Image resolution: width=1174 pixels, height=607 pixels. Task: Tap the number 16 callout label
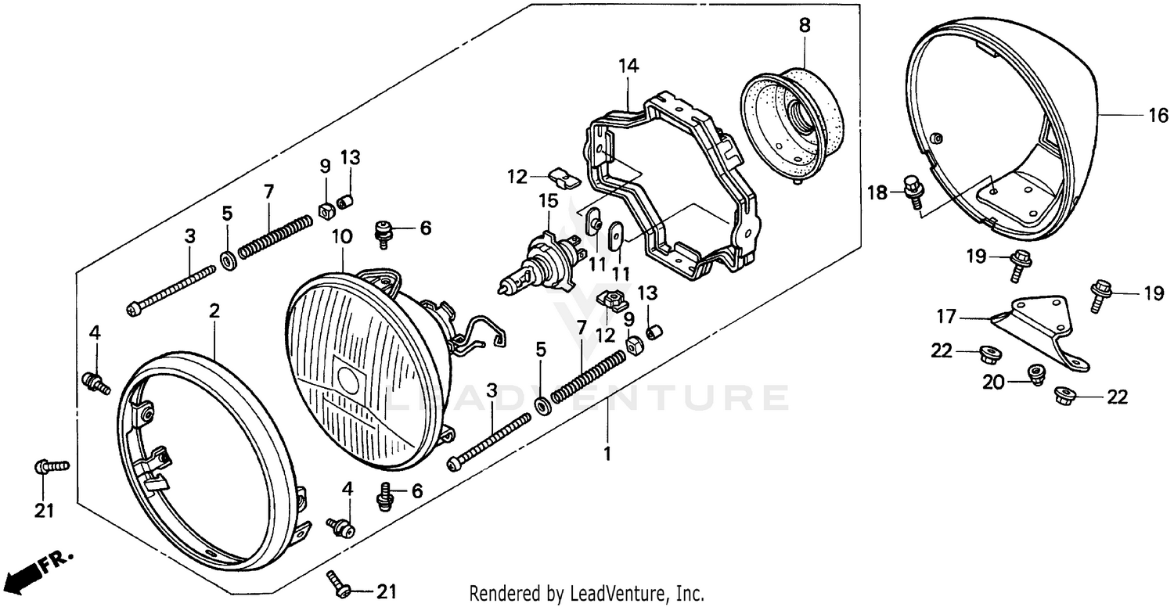point(1158,117)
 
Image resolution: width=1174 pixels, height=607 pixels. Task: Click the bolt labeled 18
point(913,190)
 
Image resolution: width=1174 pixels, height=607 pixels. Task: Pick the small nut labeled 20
point(1038,374)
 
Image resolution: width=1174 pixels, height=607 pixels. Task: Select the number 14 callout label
point(628,65)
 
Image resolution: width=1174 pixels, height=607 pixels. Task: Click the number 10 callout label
point(343,235)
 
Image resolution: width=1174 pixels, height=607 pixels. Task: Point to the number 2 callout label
point(214,311)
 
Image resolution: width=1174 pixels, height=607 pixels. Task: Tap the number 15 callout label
point(548,200)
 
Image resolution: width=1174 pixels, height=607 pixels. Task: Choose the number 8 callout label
point(805,24)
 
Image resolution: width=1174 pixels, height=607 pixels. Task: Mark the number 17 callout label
point(946,317)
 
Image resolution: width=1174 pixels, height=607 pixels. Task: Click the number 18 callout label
point(878,192)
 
